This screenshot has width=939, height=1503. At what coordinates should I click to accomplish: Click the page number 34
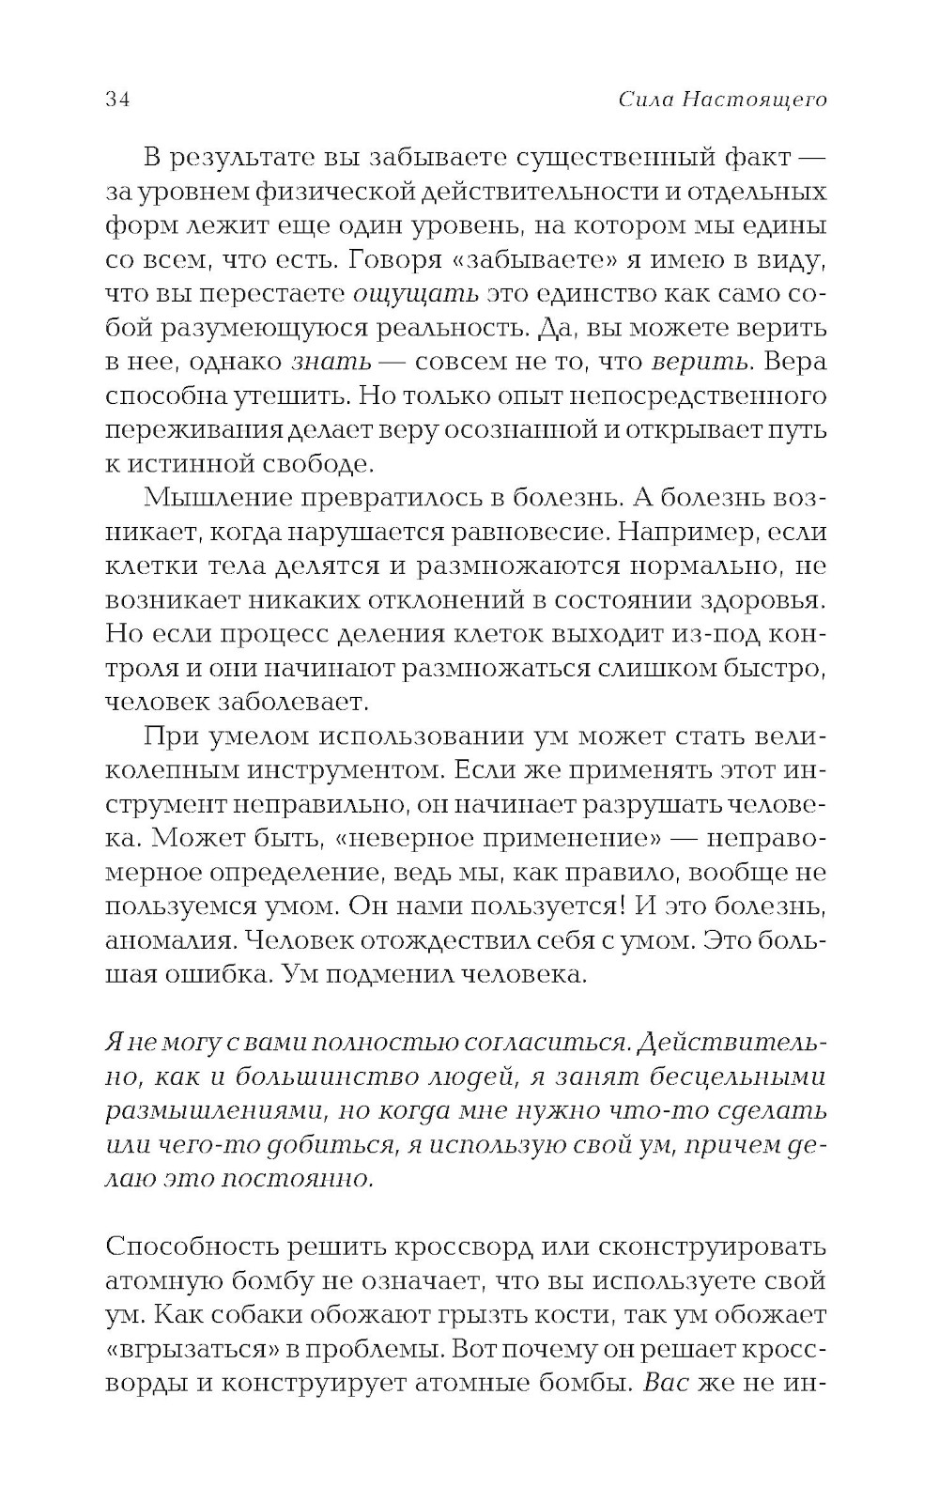(117, 101)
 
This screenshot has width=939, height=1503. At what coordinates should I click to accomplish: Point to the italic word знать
(331, 362)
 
